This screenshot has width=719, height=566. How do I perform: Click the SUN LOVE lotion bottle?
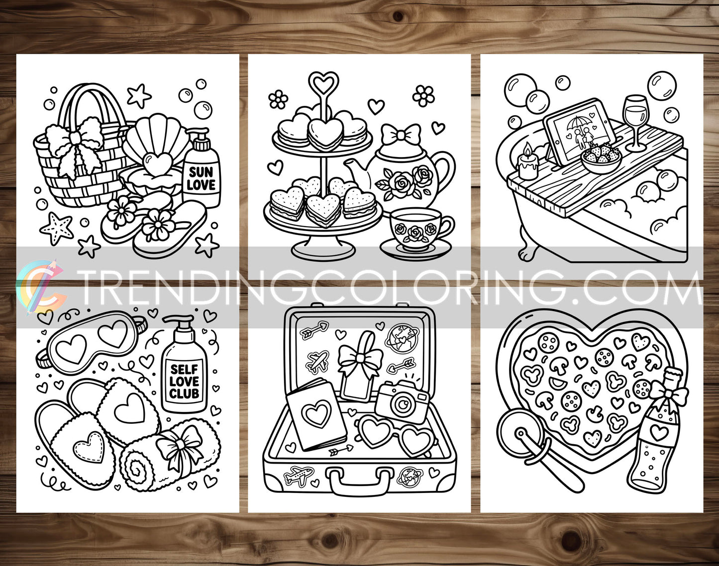point(201,174)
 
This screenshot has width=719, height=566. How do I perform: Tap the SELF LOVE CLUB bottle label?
point(184,382)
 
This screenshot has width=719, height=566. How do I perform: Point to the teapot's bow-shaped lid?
point(401,135)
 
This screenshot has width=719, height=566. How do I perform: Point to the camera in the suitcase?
point(402,401)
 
